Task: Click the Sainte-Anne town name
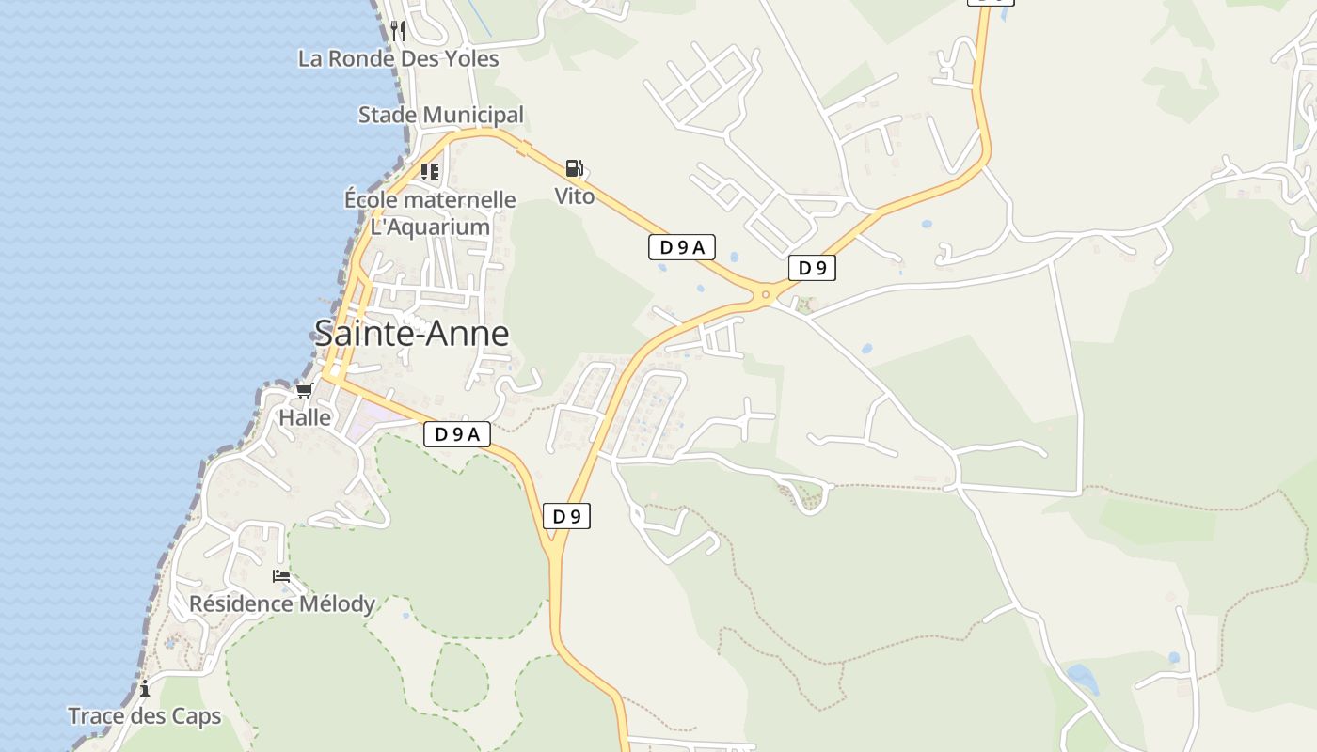[411, 334]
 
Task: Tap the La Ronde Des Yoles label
[398, 58]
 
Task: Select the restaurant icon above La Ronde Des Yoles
[398, 31]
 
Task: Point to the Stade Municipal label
[440, 115]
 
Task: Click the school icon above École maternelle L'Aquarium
[430, 172]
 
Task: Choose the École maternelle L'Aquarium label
[430, 213]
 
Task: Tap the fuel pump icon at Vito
[574, 169]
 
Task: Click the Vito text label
[574, 196]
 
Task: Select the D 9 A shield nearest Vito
[682, 247]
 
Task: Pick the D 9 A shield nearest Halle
[457, 434]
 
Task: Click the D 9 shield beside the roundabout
[812, 268]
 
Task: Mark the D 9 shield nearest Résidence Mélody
[566, 516]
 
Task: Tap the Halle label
[305, 417]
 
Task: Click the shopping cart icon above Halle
[304, 390]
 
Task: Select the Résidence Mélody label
[282, 603]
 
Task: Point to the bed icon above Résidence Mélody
[281, 575]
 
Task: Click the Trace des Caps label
[144, 716]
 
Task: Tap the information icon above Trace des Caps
[145, 689]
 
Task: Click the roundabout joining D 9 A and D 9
[766, 295]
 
